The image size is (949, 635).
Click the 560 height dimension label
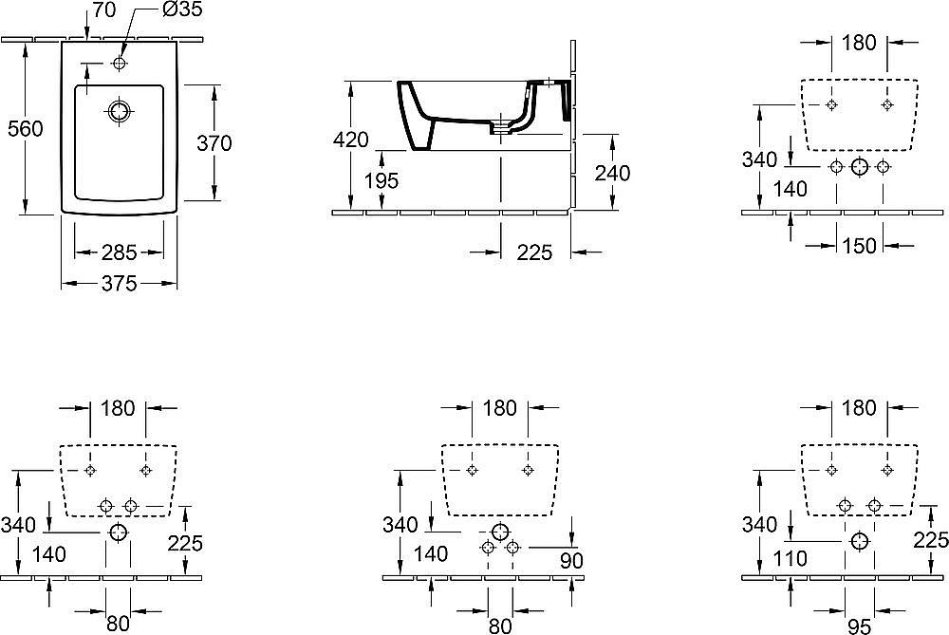tap(25, 129)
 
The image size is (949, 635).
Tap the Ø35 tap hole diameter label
tap(183, 9)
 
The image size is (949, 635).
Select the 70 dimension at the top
tap(104, 9)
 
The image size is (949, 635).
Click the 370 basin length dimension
tap(214, 143)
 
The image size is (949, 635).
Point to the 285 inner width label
tap(119, 252)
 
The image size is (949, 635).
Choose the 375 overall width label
tap(119, 283)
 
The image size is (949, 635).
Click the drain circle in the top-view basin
tap(120, 111)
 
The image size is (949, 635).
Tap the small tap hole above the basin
tap(120, 63)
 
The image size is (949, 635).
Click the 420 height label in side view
tap(351, 140)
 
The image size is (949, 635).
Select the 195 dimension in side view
tap(381, 180)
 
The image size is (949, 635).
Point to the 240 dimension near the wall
tap(612, 173)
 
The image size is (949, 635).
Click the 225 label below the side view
tap(534, 252)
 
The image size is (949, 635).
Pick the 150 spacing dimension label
tap(859, 245)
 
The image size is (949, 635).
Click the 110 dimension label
tap(790, 557)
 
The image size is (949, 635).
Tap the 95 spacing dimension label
tap(859, 626)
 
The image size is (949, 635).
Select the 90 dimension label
tap(571, 561)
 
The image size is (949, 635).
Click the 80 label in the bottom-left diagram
tap(118, 623)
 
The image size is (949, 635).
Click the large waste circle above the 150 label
tap(860, 167)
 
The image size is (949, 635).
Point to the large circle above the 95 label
tap(860, 541)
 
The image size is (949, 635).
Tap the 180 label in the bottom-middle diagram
tap(500, 408)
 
